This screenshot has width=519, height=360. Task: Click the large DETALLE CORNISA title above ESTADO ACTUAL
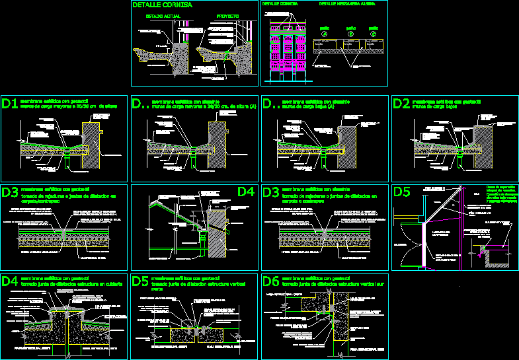(163, 5)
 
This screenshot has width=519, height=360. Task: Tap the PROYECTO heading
(227, 15)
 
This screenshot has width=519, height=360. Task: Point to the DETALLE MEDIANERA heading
(345, 4)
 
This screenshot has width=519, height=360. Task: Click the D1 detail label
(10, 104)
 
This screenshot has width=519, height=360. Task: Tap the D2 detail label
(401, 104)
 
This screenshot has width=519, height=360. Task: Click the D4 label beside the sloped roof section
(245, 192)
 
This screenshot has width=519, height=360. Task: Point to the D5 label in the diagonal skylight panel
(402, 192)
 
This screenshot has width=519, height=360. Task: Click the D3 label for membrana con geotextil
(10, 193)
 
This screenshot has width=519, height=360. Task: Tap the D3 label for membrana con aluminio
(271, 193)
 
